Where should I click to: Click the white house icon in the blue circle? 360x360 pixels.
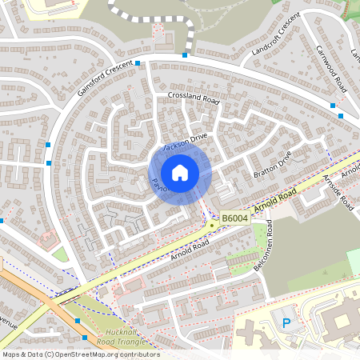point(180,172)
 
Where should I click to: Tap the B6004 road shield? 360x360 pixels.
point(234,218)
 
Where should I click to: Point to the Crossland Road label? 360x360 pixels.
point(194,98)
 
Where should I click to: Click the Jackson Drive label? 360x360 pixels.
point(186,142)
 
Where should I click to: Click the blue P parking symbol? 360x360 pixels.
point(286,323)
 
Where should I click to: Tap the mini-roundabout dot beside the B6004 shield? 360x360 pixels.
point(212,225)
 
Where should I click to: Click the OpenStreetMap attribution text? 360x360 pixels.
point(80,354)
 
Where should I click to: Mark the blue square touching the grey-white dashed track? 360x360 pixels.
point(185,55)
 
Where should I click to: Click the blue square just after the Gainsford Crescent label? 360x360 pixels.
point(138,62)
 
